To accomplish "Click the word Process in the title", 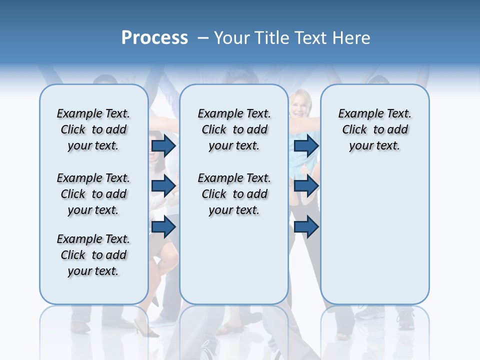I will coord(154,38).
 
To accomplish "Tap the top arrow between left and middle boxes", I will coord(163,146).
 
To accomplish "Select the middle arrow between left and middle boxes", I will coord(163,186).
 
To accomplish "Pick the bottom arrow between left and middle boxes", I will coord(163,227).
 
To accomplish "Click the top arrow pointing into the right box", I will coord(306,146).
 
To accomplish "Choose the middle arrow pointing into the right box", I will coord(306,186).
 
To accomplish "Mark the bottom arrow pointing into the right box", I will coord(306,227).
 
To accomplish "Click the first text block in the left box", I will coord(93,129).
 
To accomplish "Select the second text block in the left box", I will coord(93,194).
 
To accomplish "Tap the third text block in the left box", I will coord(93,255).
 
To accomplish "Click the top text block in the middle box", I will coord(234,129).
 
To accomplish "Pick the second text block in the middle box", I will coord(234,194).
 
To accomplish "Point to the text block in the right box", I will coord(374,129).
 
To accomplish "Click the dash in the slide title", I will coord(203,38).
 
